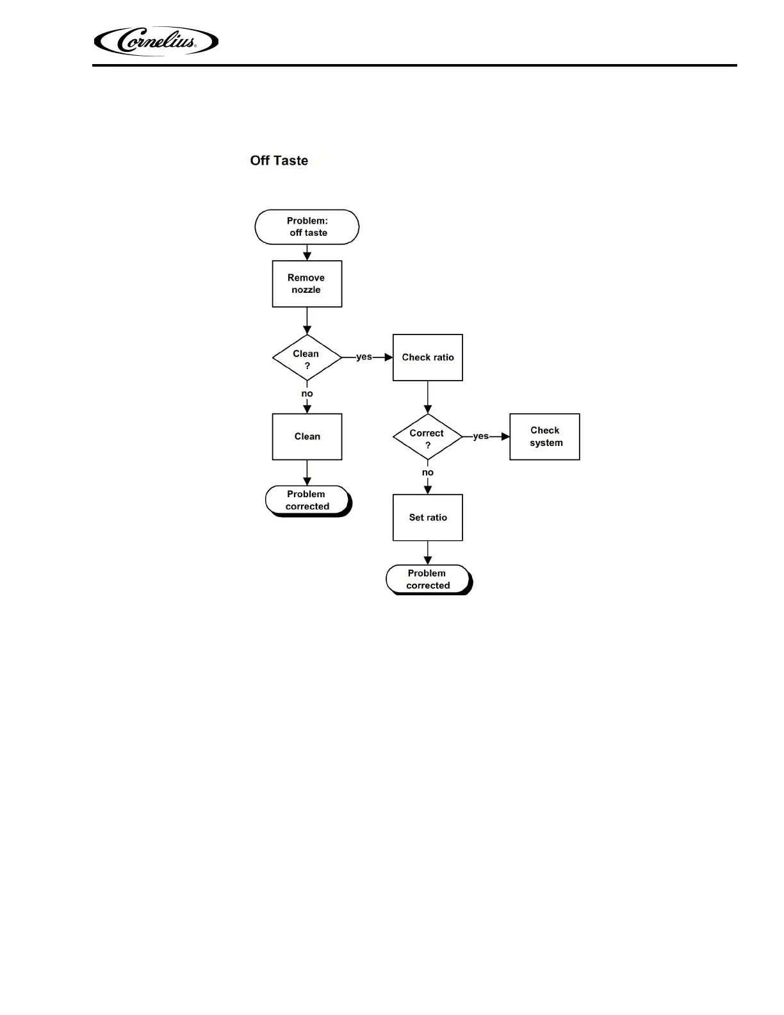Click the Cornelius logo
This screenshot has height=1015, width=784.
(156, 42)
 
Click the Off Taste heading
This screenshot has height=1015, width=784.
(279, 161)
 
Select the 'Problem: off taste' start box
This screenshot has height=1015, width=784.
(307, 227)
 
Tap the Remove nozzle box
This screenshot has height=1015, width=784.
(307, 284)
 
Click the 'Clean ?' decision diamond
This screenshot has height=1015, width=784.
(307, 358)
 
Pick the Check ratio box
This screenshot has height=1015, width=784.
(427, 358)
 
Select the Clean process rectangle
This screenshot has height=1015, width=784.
(307, 436)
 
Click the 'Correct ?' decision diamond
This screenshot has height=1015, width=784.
(427, 437)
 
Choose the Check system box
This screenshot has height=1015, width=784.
(544, 436)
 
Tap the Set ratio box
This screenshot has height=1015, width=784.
(427, 517)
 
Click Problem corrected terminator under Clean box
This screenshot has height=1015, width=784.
(307, 500)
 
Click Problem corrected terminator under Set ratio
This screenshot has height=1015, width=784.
(428, 579)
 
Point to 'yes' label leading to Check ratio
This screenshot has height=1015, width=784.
(364, 357)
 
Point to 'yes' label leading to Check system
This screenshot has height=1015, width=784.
(480, 436)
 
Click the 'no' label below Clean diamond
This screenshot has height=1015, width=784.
(307, 393)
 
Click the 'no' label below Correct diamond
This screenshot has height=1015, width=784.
(427, 472)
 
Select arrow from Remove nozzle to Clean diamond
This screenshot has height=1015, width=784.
(307, 321)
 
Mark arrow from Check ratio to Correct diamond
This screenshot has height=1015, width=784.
(427, 397)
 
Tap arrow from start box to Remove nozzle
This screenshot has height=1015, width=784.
(307, 252)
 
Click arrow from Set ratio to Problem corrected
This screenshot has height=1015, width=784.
(427, 553)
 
